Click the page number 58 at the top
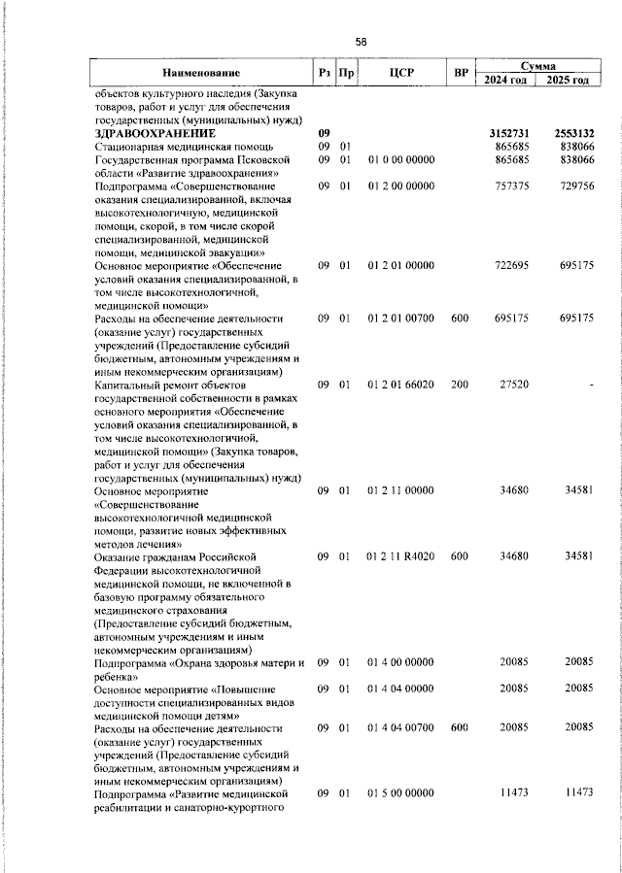pyautogui.click(x=361, y=42)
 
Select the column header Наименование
pyautogui.click(x=201, y=73)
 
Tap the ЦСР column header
pyautogui.click(x=401, y=73)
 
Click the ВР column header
pyautogui.click(x=461, y=73)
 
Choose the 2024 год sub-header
pyautogui.click(x=505, y=80)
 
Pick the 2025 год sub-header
pyautogui.click(x=567, y=80)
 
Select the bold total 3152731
pyautogui.click(x=506, y=132)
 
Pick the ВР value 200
pyautogui.click(x=460, y=386)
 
